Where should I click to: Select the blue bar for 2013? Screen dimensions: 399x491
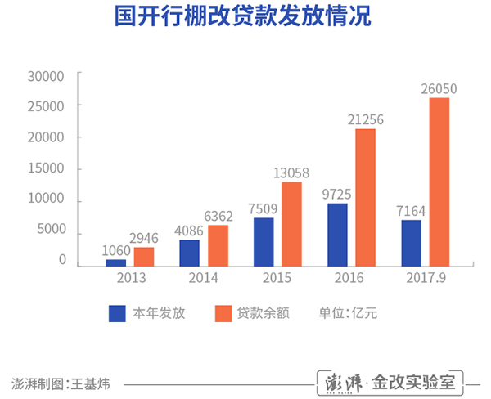116,262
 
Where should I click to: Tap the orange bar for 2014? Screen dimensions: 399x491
218,245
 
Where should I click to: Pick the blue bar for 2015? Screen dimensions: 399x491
264,242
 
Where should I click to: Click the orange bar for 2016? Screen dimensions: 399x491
365,198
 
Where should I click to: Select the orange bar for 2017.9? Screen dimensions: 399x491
439,182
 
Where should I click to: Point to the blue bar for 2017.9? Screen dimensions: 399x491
411,243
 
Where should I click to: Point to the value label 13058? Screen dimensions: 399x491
292,172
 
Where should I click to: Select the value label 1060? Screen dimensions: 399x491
116,250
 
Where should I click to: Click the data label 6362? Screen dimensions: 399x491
218,215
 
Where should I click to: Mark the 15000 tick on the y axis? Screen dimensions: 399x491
46,168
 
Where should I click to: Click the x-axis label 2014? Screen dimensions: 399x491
204,278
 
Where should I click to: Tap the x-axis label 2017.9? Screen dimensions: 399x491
425,278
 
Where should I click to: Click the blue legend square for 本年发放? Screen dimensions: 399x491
117,313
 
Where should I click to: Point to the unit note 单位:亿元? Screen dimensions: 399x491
346,313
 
